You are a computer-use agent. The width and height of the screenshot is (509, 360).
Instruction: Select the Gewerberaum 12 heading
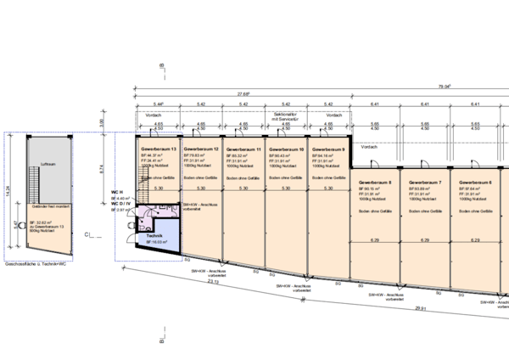coord(204,149)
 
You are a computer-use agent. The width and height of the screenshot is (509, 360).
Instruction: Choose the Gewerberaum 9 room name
coord(328,149)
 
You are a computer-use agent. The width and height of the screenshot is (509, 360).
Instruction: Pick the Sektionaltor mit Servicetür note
coord(287,115)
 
